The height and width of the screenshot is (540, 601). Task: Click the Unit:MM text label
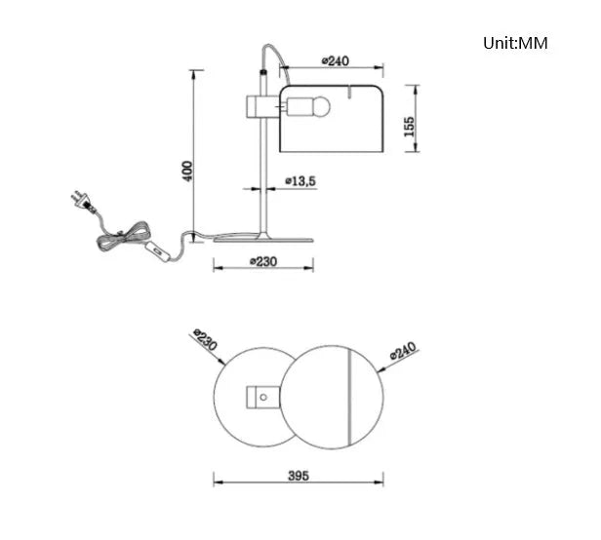pos(515,43)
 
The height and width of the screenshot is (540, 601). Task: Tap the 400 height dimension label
pos(187,172)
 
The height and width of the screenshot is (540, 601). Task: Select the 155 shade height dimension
pos(410,127)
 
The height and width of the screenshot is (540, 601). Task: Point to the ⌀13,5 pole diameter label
pos(300,180)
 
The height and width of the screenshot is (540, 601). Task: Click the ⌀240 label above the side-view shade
pos(336,60)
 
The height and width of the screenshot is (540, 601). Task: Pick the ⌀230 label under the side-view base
pos(263,261)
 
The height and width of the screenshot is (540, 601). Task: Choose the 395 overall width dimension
pos(299,476)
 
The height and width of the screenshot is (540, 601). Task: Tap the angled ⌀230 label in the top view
pos(205,340)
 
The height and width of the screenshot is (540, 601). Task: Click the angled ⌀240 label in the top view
pos(403,351)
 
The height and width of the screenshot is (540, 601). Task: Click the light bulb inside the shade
pos(307,106)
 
